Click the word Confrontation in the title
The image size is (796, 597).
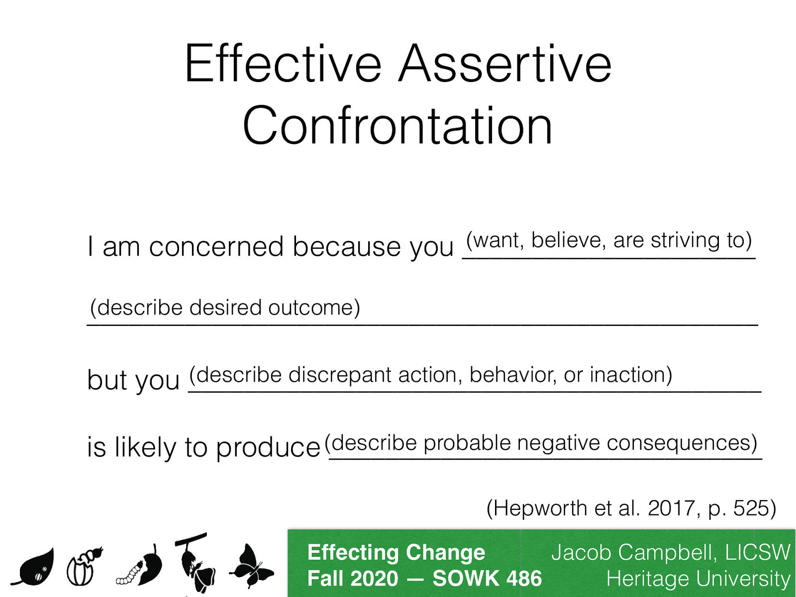click(x=398, y=126)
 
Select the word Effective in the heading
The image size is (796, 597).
click(x=283, y=65)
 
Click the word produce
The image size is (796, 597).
click(x=268, y=447)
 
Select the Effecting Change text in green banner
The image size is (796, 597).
click(x=396, y=553)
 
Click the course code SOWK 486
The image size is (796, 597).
click(x=487, y=579)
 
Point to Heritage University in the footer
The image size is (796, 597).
click(x=697, y=579)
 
